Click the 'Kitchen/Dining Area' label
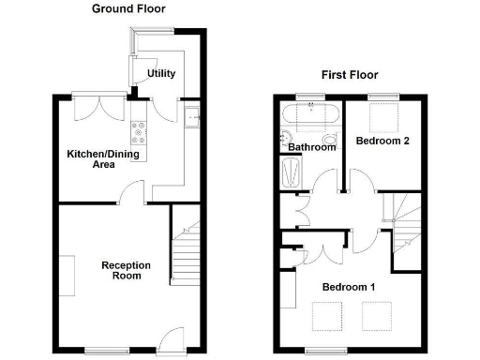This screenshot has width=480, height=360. tap(91, 158)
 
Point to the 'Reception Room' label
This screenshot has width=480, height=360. tap(122, 270)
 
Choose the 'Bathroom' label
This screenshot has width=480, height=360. tap(311, 147)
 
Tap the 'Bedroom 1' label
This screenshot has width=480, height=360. tap(348, 286)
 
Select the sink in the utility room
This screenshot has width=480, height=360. tap(191, 117)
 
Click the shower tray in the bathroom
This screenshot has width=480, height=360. tap(290, 173)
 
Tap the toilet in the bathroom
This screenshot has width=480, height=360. tap(285, 141)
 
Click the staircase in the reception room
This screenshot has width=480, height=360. tap(186, 250)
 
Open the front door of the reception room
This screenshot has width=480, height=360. tap(171, 338)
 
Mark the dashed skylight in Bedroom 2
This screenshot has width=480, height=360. tap(382, 118)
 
